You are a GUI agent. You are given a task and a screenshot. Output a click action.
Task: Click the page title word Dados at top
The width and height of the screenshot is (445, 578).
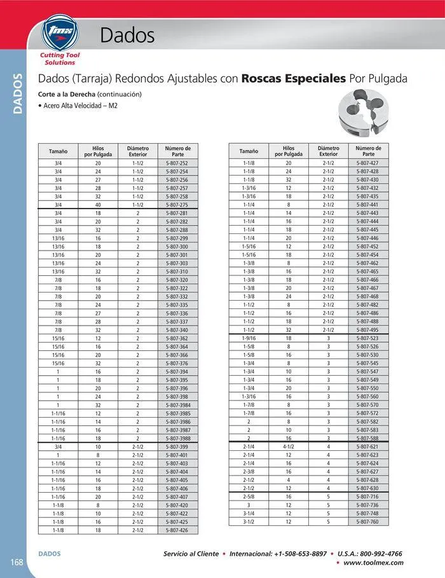click(127, 36)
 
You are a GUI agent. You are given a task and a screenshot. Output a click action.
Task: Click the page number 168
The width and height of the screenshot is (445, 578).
click(17, 561)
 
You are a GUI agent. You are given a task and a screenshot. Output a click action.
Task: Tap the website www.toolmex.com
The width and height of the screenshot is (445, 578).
click(373, 563)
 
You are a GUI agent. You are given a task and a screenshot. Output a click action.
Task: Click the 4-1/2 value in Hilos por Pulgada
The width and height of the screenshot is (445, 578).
click(289, 447)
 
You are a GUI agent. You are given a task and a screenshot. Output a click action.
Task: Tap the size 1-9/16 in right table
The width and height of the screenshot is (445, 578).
click(249, 339)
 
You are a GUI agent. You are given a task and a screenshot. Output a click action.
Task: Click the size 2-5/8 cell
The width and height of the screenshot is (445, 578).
click(249, 497)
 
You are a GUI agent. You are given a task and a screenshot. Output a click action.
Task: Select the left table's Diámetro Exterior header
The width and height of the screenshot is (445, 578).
click(137, 151)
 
